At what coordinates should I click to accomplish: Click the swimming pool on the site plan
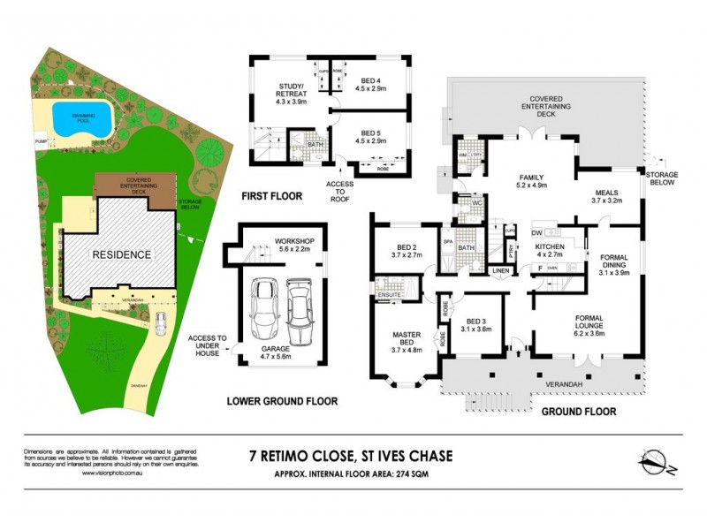[x=80, y=117]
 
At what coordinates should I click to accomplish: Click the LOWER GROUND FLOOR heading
[x=282, y=401]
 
